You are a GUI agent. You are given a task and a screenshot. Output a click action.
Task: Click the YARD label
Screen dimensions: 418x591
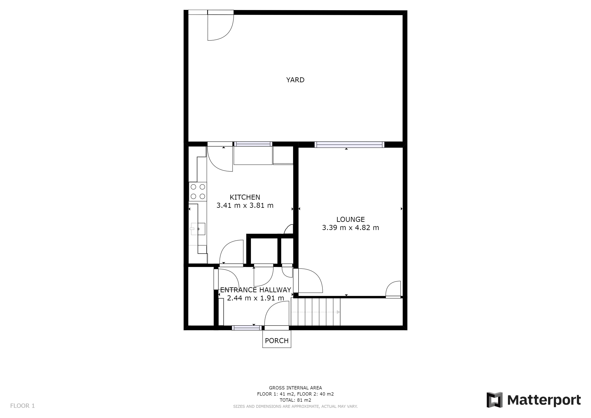tap(295, 80)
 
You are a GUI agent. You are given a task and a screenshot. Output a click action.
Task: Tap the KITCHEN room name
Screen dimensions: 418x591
tap(245, 197)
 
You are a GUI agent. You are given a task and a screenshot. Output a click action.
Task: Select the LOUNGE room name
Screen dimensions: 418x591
tap(350, 219)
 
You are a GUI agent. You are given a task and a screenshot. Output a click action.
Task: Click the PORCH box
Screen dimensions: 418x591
tap(277, 340)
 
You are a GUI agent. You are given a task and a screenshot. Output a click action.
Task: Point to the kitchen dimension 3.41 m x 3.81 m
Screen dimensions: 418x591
tap(245, 205)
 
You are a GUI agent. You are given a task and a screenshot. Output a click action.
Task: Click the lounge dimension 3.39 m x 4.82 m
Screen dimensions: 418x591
tap(350, 228)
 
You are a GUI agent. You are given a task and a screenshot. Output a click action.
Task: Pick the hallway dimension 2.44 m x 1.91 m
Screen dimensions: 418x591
tap(255, 298)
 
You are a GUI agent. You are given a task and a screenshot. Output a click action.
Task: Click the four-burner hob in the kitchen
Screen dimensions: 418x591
tap(198, 191)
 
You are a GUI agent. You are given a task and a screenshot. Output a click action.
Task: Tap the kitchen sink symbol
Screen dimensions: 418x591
tap(198, 229)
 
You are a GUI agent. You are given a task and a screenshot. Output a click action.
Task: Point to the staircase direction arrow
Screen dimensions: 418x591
tap(338, 312)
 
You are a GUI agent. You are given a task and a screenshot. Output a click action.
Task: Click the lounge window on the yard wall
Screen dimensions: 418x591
tap(349, 145)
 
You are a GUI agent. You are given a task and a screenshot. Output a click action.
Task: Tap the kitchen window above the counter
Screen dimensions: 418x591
tap(253, 144)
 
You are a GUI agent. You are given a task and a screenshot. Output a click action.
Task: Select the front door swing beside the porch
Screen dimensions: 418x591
tap(277, 315)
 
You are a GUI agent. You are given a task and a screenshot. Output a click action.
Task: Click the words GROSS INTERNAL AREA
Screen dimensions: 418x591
tap(295, 388)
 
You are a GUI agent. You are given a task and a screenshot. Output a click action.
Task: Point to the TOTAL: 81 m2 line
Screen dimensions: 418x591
tap(295, 400)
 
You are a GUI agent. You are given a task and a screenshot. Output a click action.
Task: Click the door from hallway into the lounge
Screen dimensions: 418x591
tap(309, 281)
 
